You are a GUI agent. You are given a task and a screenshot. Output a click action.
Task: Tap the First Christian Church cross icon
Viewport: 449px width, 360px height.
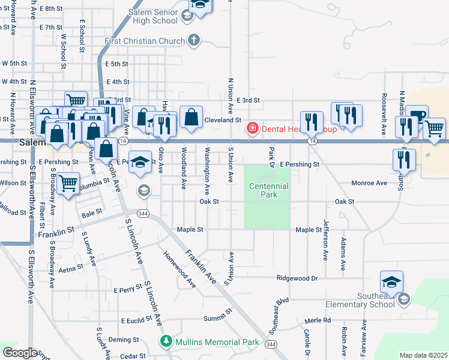pos(193,41)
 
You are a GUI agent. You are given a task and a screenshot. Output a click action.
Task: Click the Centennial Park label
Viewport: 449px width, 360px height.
pos(269,190)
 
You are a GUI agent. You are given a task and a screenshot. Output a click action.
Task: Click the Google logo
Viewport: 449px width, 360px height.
pos(19,353)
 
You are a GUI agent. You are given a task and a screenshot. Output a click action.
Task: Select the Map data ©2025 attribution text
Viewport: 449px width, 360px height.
pos(423,355)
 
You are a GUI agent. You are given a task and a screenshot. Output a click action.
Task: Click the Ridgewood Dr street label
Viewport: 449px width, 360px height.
pos(297,278)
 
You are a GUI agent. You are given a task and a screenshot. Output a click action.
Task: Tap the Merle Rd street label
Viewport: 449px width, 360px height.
pos(318,320)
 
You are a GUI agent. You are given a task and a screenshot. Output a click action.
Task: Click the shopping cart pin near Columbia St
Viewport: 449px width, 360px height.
pos(68,182)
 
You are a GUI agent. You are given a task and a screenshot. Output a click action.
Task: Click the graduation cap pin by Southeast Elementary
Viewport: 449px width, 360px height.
pos(391,281)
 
